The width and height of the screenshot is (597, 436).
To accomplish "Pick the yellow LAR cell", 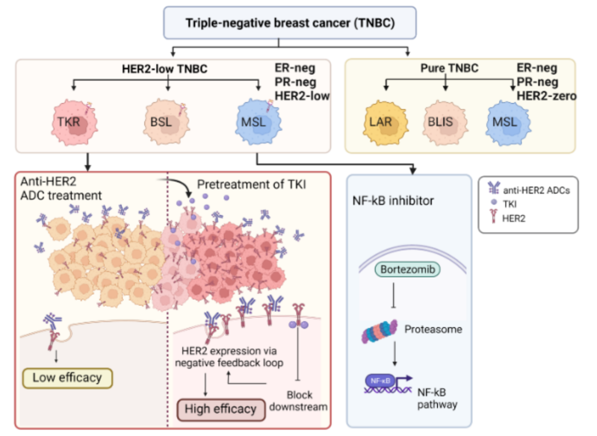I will click(382, 123).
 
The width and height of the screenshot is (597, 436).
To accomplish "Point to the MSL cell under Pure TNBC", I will click(504, 123).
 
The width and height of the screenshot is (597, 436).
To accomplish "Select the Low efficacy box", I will click(67, 378).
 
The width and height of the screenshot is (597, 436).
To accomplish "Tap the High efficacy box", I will click(221, 409).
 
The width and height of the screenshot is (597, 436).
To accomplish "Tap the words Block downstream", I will click(300, 401).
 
